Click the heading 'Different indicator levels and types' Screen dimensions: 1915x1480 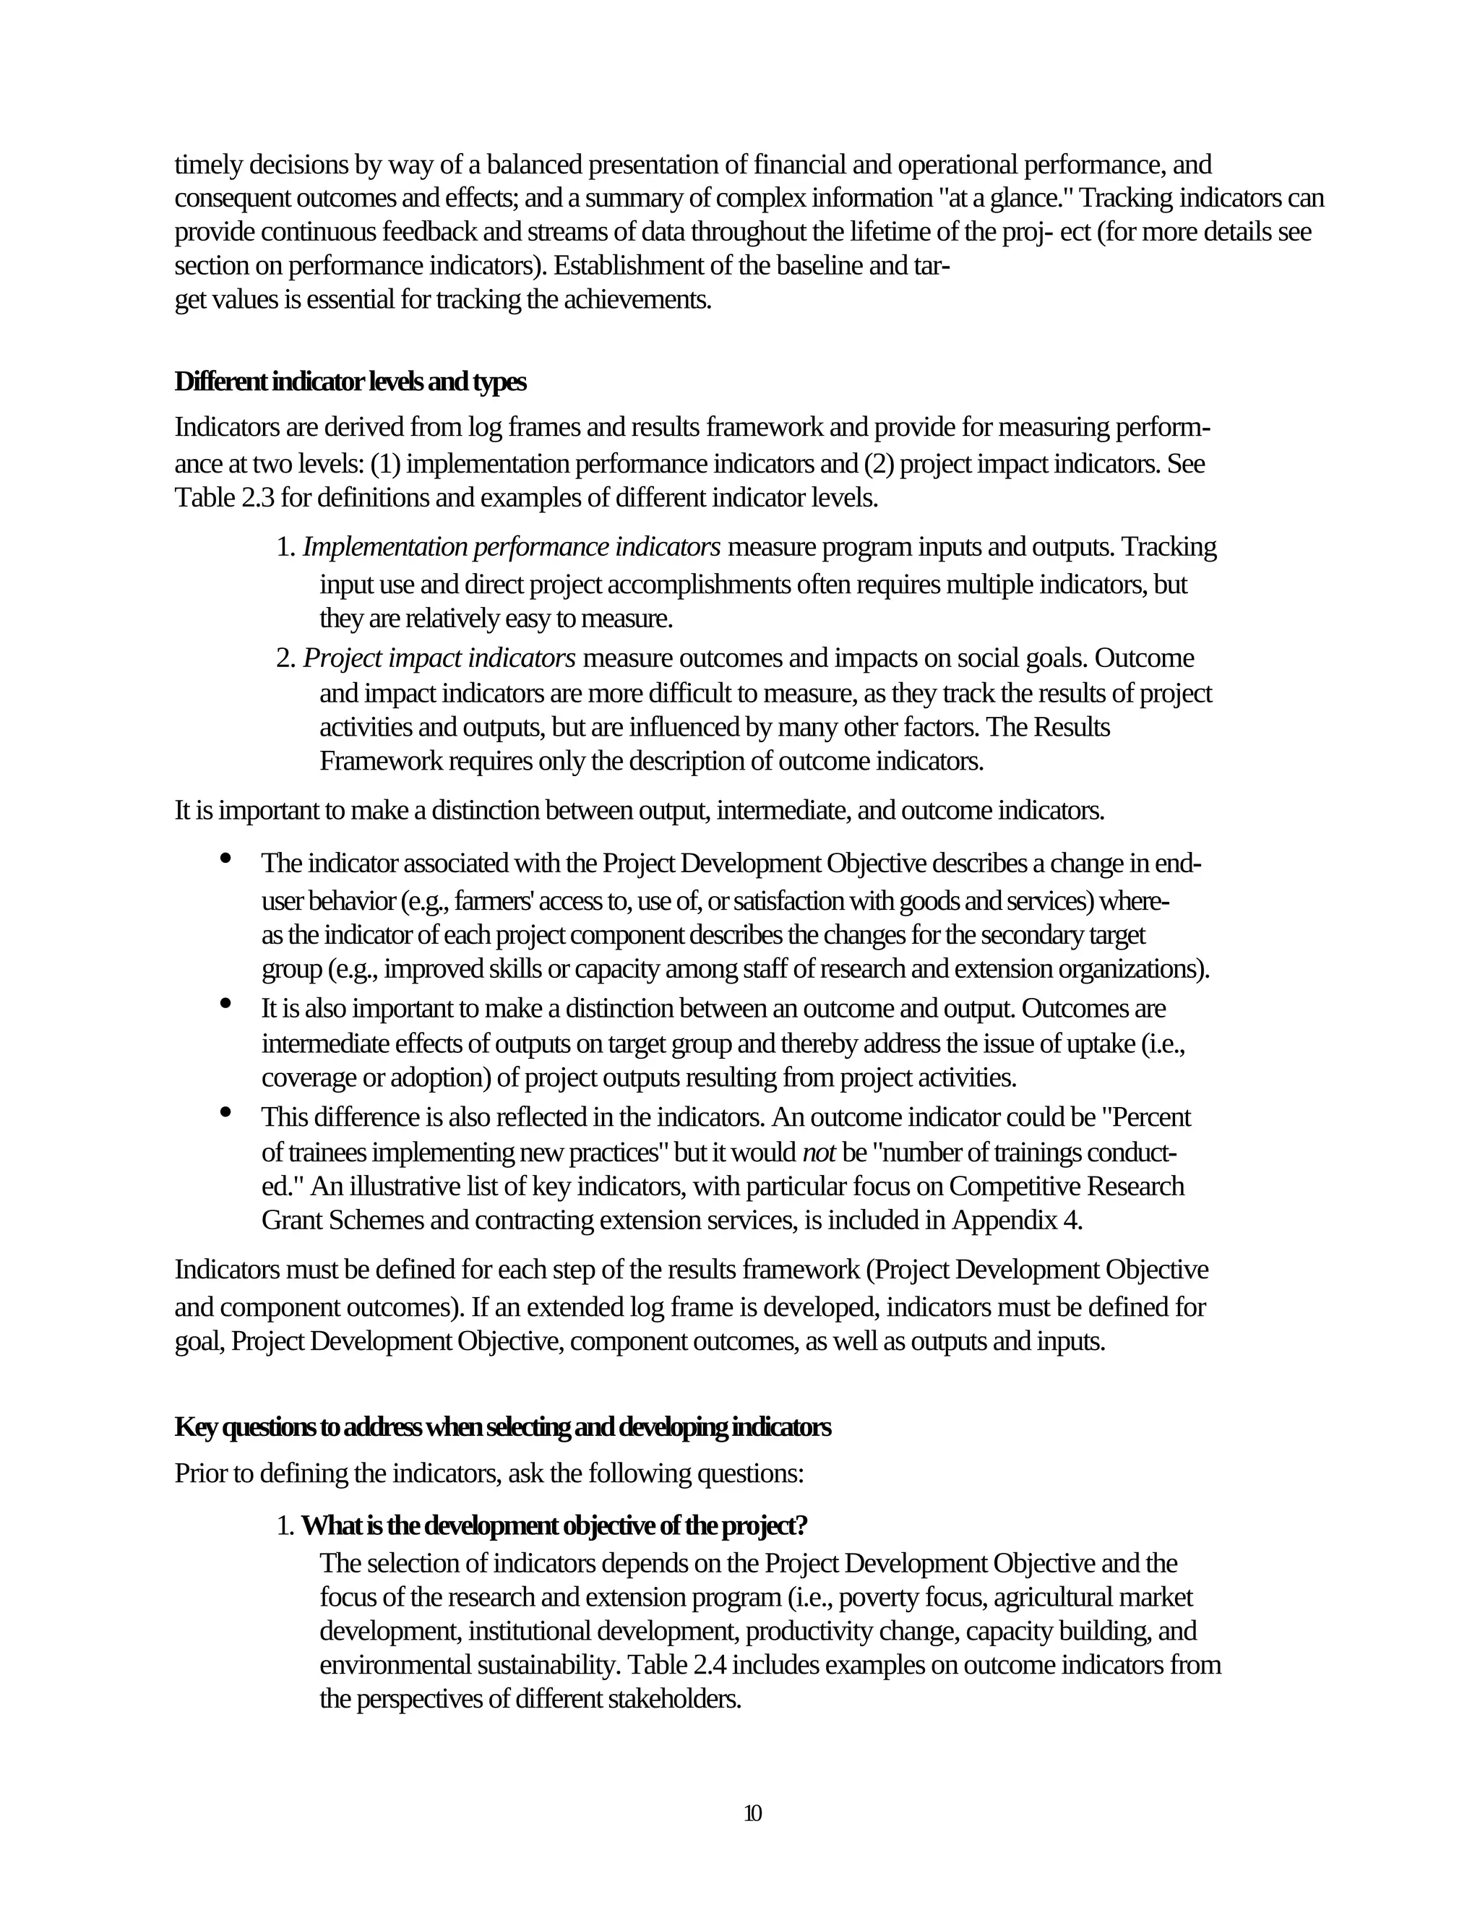pyautogui.click(x=350, y=382)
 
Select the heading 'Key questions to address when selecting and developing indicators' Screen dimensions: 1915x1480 pyautogui.click(x=502, y=1426)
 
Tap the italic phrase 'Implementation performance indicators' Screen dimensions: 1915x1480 pyautogui.click(x=512, y=547)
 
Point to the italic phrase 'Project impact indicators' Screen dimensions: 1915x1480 pyautogui.click(x=439, y=658)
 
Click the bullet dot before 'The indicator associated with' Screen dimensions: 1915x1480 pyautogui.click(x=226, y=858)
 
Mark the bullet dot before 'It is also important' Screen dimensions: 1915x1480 pyautogui.click(x=226, y=1003)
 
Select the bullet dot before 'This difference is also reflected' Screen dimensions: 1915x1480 pyautogui.click(x=226, y=1113)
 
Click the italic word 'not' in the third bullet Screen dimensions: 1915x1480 pyautogui.click(x=819, y=1152)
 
